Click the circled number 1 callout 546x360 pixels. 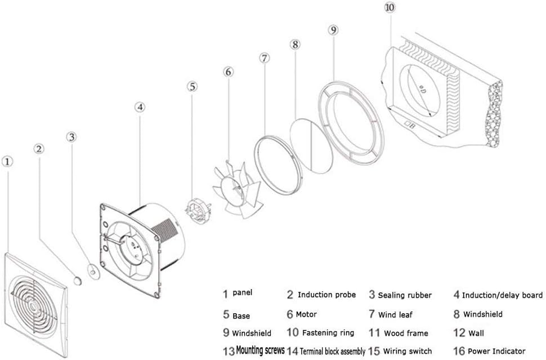(7, 162)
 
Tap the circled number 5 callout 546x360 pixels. (193, 87)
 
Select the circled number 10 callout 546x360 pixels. (390, 8)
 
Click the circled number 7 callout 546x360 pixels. (265, 58)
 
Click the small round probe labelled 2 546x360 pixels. (78, 279)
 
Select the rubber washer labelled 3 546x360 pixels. (93, 270)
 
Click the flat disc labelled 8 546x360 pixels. (311, 146)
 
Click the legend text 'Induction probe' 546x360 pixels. (326, 295)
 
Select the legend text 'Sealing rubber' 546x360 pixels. (405, 295)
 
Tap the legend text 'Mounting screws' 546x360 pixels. (260, 350)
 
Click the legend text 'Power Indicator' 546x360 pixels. (496, 351)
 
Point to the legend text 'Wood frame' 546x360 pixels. (406, 333)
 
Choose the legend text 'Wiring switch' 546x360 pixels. (407, 351)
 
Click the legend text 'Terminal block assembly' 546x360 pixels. (333, 351)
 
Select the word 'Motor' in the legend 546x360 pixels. (306, 314)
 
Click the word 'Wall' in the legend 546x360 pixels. (476, 333)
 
